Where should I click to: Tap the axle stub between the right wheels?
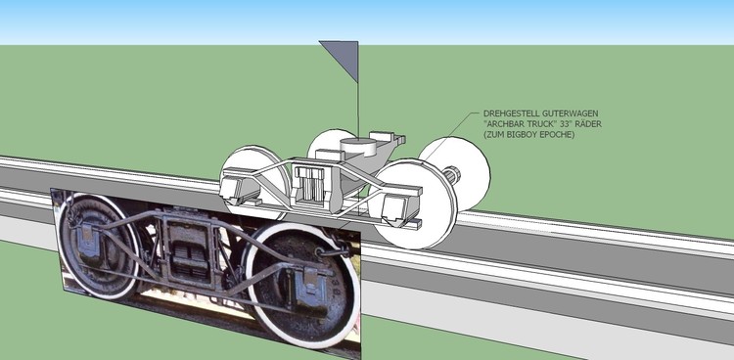tap(450, 177)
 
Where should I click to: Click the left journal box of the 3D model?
tap(239, 188)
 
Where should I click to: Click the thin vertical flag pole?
tap(355, 108)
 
